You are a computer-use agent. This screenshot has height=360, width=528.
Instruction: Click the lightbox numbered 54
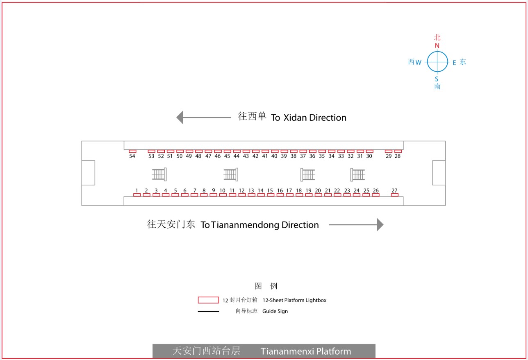click(x=132, y=151)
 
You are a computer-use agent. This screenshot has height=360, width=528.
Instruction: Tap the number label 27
click(x=394, y=190)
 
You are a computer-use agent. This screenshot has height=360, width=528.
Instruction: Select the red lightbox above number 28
click(x=398, y=151)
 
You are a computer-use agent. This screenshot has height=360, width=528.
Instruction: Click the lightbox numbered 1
click(x=137, y=195)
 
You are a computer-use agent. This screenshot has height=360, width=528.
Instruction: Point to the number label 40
click(x=274, y=156)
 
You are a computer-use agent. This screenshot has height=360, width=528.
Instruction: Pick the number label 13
click(x=251, y=190)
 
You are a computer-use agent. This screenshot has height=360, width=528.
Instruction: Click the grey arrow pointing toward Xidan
click(x=203, y=117)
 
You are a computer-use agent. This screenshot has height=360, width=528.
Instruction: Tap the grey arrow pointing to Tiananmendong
click(x=356, y=224)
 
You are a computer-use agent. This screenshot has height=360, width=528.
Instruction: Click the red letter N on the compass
click(x=437, y=46)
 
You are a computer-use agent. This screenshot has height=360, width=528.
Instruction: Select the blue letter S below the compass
click(x=437, y=79)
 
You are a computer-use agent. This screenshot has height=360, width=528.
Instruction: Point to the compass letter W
click(x=419, y=62)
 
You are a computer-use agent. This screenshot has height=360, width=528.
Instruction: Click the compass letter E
click(x=454, y=63)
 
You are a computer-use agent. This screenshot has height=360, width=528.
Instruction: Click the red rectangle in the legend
click(x=208, y=300)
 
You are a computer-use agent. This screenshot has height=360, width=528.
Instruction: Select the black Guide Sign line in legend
click(x=208, y=311)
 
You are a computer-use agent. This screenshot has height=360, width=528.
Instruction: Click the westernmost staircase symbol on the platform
click(x=159, y=174)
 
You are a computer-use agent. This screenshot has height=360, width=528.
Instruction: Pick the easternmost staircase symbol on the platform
click(x=357, y=175)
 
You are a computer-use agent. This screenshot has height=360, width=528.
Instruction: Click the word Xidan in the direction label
click(x=295, y=118)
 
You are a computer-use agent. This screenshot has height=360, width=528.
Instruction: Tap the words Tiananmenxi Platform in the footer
click(x=306, y=351)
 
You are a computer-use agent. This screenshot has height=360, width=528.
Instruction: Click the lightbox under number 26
click(x=376, y=195)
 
